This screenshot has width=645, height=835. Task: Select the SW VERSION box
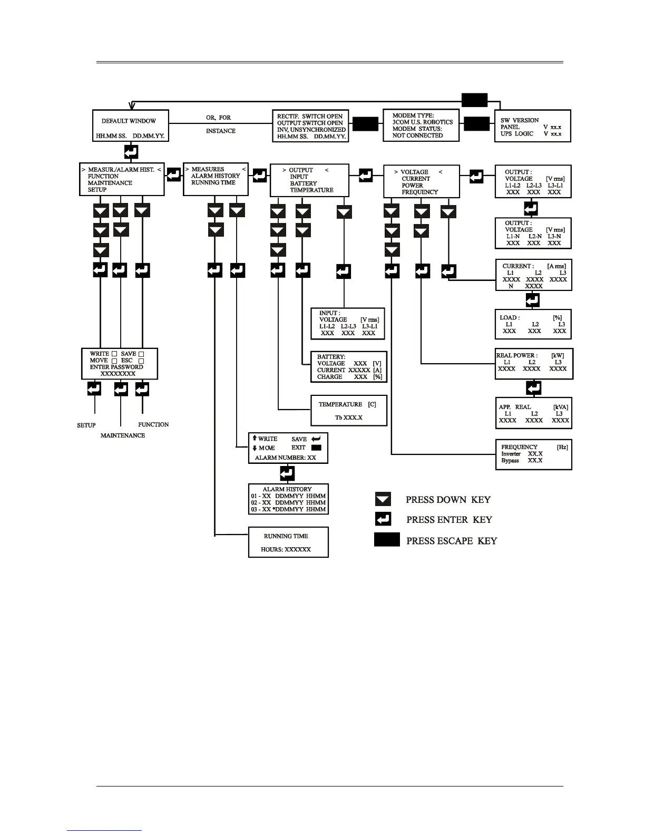(532, 127)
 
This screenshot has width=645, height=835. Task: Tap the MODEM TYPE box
(421, 125)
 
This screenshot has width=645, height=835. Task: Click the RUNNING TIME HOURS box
(288, 542)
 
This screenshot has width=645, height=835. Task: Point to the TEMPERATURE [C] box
(349, 411)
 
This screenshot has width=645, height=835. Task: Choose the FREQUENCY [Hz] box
(533, 454)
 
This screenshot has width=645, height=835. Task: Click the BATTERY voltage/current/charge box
(349, 366)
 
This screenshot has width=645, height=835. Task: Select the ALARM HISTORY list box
(288, 499)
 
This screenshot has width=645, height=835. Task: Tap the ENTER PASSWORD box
(120, 364)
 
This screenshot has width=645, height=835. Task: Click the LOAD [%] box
(533, 324)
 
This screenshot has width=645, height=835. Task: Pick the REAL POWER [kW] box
(533, 363)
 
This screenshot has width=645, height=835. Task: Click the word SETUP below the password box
(86, 425)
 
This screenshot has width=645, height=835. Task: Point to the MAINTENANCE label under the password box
(123, 435)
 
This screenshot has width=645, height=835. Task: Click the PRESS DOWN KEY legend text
(448, 500)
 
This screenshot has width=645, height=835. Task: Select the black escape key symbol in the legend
(387, 540)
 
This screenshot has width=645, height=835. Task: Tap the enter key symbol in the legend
(383, 519)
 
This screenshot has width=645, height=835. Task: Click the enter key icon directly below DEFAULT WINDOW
(131, 152)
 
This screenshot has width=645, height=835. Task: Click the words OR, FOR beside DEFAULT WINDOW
(218, 118)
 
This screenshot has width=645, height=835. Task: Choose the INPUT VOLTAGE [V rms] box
(348, 324)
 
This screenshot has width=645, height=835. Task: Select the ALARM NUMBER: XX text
(285, 458)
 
